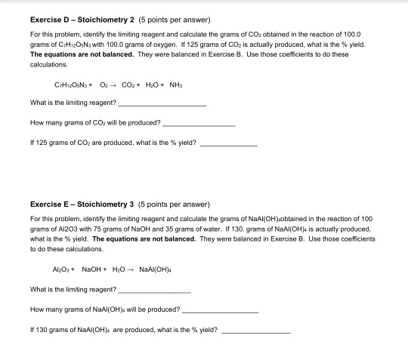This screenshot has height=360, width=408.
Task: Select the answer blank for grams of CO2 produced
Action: [x=199, y=123]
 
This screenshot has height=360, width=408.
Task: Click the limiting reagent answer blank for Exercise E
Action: [x=156, y=290]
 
